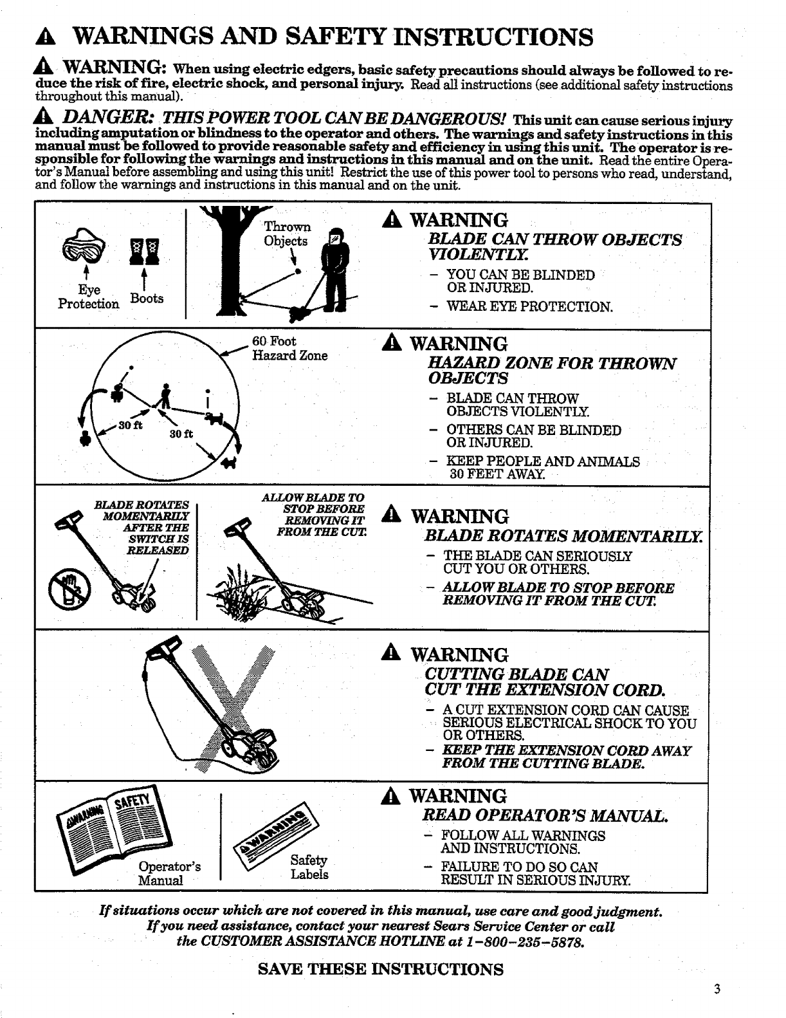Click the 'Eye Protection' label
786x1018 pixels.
(89, 297)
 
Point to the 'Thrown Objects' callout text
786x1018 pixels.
(286, 234)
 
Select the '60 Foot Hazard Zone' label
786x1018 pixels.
(289, 348)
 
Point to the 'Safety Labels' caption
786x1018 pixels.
(309, 867)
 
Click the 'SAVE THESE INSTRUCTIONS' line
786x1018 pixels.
(380, 969)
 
